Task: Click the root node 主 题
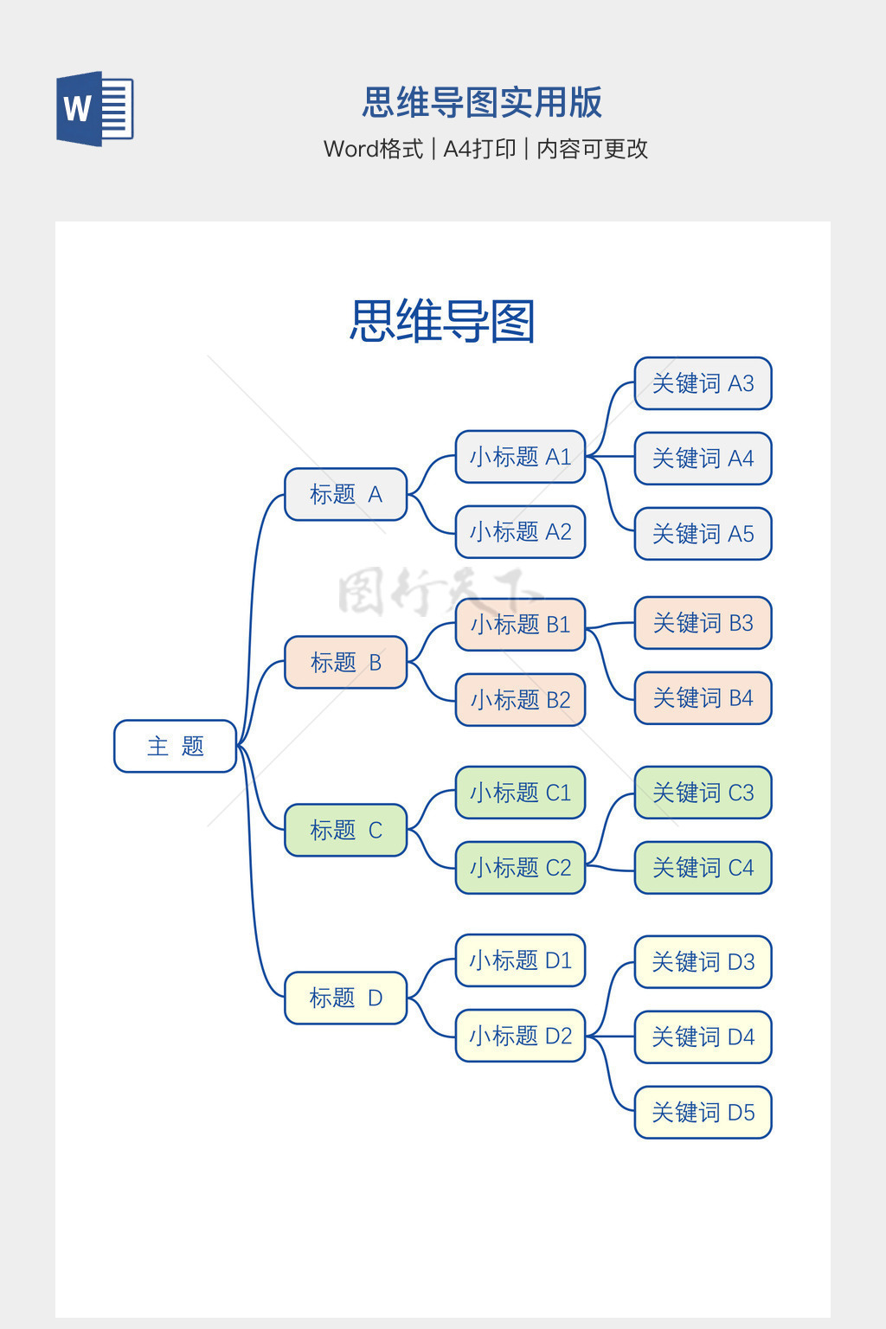pos(176,746)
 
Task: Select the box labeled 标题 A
pos(346,494)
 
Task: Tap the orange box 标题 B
pos(346,662)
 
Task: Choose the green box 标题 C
pos(346,830)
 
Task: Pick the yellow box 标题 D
pos(346,998)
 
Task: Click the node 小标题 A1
pos(521,456)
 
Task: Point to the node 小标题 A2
pos(521,531)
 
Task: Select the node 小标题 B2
pos(521,699)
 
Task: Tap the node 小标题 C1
pos(521,792)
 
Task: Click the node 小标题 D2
pos(521,1035)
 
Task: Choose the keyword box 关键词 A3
pos(703,383)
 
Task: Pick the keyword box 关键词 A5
pos(703,533)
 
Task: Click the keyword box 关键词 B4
pos(703,697)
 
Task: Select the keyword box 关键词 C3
pos(703,792)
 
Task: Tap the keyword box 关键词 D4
pos(703,1037)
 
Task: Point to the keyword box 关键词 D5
pos(703,1112)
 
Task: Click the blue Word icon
pos(94,109)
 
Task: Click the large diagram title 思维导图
pos(442,321)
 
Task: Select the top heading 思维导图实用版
pos(482,102)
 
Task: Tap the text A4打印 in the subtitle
pos(479,149)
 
